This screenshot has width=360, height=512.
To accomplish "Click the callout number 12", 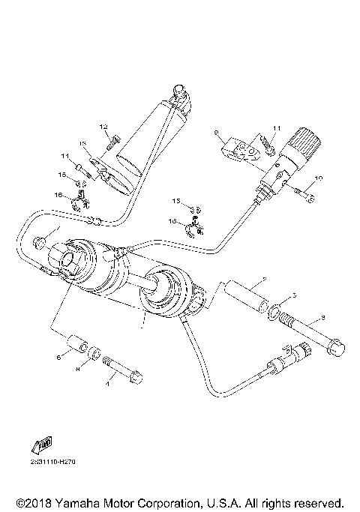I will point(104,126).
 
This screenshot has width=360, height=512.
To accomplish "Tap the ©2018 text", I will point(33,501).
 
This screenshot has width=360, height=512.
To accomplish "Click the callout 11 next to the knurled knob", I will point(276,128).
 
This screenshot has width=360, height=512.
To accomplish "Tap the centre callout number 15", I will point(178,202).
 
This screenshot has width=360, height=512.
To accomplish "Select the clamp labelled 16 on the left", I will point(77,200).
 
